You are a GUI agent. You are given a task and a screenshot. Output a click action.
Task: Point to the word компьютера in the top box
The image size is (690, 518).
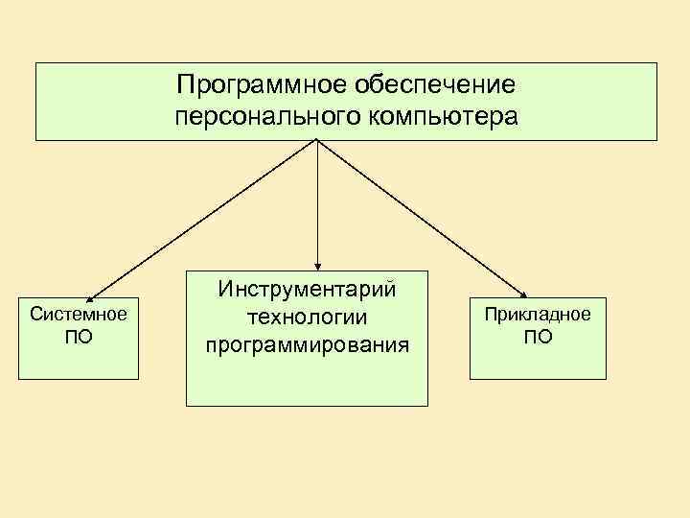coord(440,117)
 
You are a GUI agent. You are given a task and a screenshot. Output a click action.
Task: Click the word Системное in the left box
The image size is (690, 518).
coord(79,314)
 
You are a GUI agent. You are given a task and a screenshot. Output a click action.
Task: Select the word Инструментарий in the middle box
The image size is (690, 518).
coord(308,289)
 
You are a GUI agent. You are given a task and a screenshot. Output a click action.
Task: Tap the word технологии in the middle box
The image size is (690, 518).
coord(308,316)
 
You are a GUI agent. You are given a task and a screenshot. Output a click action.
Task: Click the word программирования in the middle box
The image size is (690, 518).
coord(308,342)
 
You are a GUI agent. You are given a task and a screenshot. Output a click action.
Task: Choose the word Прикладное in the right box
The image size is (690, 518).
coord(538,314)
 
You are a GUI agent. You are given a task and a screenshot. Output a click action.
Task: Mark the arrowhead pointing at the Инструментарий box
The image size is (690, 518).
coord(317,264)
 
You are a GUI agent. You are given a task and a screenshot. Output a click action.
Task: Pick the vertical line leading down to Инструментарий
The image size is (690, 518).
coord(317,201)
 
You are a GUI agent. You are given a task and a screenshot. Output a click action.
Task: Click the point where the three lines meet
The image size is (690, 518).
coord(317,141)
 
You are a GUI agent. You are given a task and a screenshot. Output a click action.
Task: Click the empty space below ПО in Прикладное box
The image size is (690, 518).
coord(538,363)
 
